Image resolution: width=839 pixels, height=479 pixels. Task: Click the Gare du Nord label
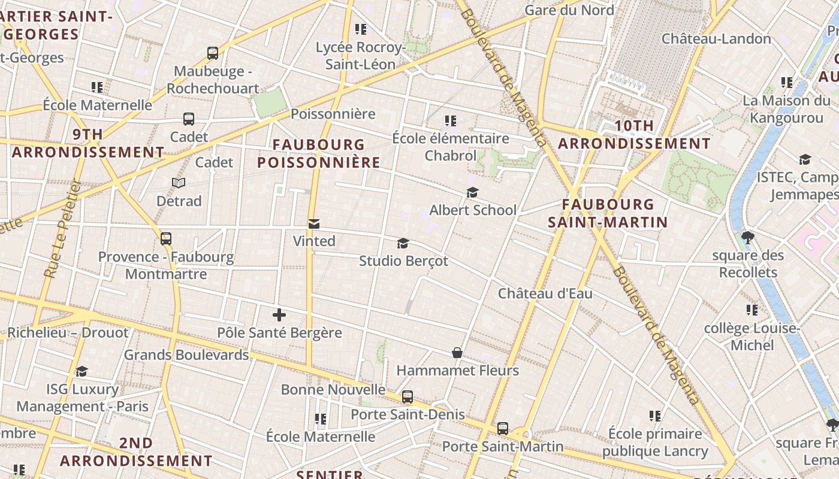click(x=569, y=10)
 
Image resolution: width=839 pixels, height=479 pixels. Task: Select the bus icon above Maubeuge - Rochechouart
click(x=213, y=53)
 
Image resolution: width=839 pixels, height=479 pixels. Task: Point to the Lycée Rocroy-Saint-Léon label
click(x=360, y=56)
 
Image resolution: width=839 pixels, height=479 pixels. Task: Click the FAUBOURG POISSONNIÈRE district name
click(x=318, y=153)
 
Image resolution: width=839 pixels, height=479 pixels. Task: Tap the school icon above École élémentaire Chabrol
click(x=451, y=121)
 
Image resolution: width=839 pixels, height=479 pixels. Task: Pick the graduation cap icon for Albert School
click(x=472, y=192)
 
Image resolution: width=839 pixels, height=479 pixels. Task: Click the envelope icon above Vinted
click(x=313, y=224)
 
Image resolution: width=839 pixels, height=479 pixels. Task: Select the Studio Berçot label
click(x=403, y=261)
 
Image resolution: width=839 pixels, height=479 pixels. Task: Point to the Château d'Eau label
click(x=545, y=293)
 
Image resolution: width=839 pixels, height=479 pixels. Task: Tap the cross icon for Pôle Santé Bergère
click(x=279, y=315)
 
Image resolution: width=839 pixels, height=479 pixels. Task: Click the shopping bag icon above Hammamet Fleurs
click(x=457, y=353)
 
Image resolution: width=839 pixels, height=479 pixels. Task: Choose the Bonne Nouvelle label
click(x=333, y=390)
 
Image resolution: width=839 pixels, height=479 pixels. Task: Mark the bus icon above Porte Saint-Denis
click(x=408, y=396)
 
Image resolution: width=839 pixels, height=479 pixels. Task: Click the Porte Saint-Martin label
click(x=502, y=447)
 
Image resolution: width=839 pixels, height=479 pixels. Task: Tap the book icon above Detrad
click(x=179, y=183)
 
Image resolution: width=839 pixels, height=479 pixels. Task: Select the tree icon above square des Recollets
click(x=747, y=238)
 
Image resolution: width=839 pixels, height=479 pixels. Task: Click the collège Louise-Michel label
click(x=752, y=336)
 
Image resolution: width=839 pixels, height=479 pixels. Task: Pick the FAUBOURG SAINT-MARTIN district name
click(x=608, y=214)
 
